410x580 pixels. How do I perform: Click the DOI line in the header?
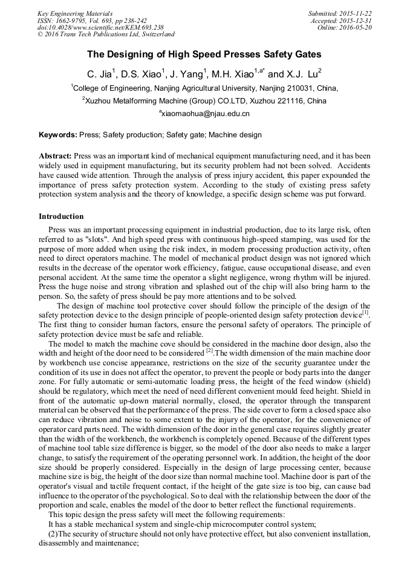click(x=100, y=27)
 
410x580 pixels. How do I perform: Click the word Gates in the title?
click(x=305, y=54)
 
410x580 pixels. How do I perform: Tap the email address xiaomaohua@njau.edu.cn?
click(x=205, y=113)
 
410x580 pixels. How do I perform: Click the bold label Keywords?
click(x=58, y=135)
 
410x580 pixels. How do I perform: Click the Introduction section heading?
click(x=61, y=217)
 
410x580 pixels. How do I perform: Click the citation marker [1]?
click(x=365, y=313)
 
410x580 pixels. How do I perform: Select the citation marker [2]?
click(x=209, y=350)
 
